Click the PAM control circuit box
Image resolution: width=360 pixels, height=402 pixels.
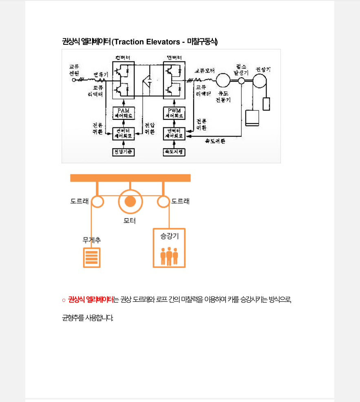click(123, 113)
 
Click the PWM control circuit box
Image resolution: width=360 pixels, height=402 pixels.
click(174, 113)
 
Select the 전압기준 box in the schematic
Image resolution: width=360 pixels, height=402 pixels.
click(123, 152)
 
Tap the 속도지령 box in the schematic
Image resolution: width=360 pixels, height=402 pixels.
click(174, 152)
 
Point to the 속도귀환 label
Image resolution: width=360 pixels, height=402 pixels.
click(215, 141)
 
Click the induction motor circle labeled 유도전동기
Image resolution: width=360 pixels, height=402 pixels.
click(223, 80)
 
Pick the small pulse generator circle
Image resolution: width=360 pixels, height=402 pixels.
click(241, 81)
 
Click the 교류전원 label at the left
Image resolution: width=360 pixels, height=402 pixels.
click(74, 70)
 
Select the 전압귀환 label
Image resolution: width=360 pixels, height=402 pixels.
click(150, 129)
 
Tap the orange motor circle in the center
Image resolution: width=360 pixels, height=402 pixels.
click(130, 201)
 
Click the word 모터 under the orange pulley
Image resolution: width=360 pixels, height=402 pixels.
click(130, 221)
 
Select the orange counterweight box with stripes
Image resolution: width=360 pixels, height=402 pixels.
click(91, 257)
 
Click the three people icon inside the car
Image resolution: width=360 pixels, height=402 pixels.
click(169, 256)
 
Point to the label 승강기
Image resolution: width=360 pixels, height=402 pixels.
click(169, 235)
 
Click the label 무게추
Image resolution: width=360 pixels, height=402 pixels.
click(92, 240)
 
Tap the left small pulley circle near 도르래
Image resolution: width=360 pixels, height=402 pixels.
click(97, 201)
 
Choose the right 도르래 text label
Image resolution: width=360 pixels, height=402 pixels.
click(180, 201)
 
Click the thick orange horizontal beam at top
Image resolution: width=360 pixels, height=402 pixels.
click(130, 178)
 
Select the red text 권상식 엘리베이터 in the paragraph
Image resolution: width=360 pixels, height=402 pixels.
click(91, 300)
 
